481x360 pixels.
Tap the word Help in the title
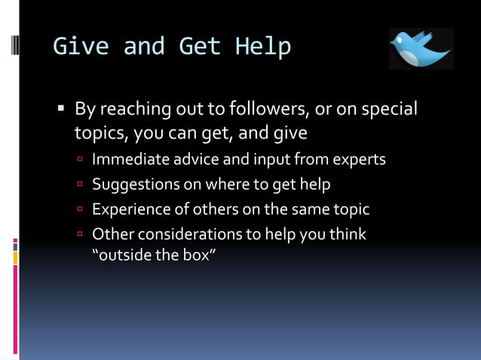(x=262, y=47)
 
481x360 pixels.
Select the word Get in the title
(x=199, y=47)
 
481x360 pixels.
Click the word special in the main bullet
(x=389, y=109)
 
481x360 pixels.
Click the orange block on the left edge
(x=15, y=258)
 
